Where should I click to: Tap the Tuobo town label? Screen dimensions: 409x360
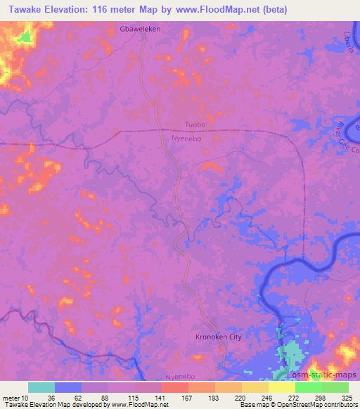pos(195,124)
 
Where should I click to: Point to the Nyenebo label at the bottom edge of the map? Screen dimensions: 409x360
pos(181,377)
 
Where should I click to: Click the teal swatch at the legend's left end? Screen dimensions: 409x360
pos(41,387)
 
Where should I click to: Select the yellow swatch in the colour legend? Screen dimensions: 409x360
pos(281,387)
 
